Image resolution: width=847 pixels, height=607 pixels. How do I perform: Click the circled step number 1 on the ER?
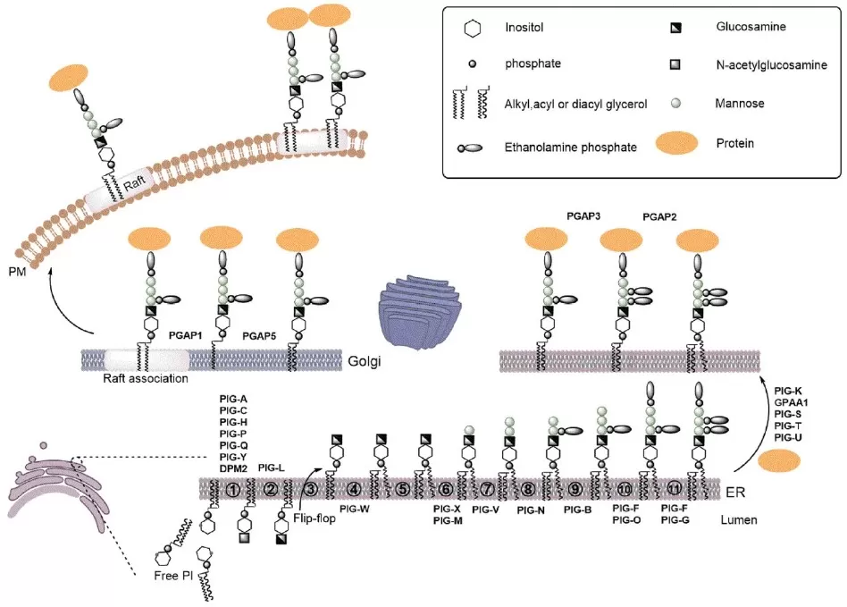point(232,489)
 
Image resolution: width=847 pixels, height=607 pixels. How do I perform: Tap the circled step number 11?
point(673,489)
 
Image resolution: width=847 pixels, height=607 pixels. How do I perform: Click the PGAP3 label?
point(586,215)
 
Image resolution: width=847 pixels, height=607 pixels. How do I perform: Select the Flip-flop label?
point(314,517)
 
